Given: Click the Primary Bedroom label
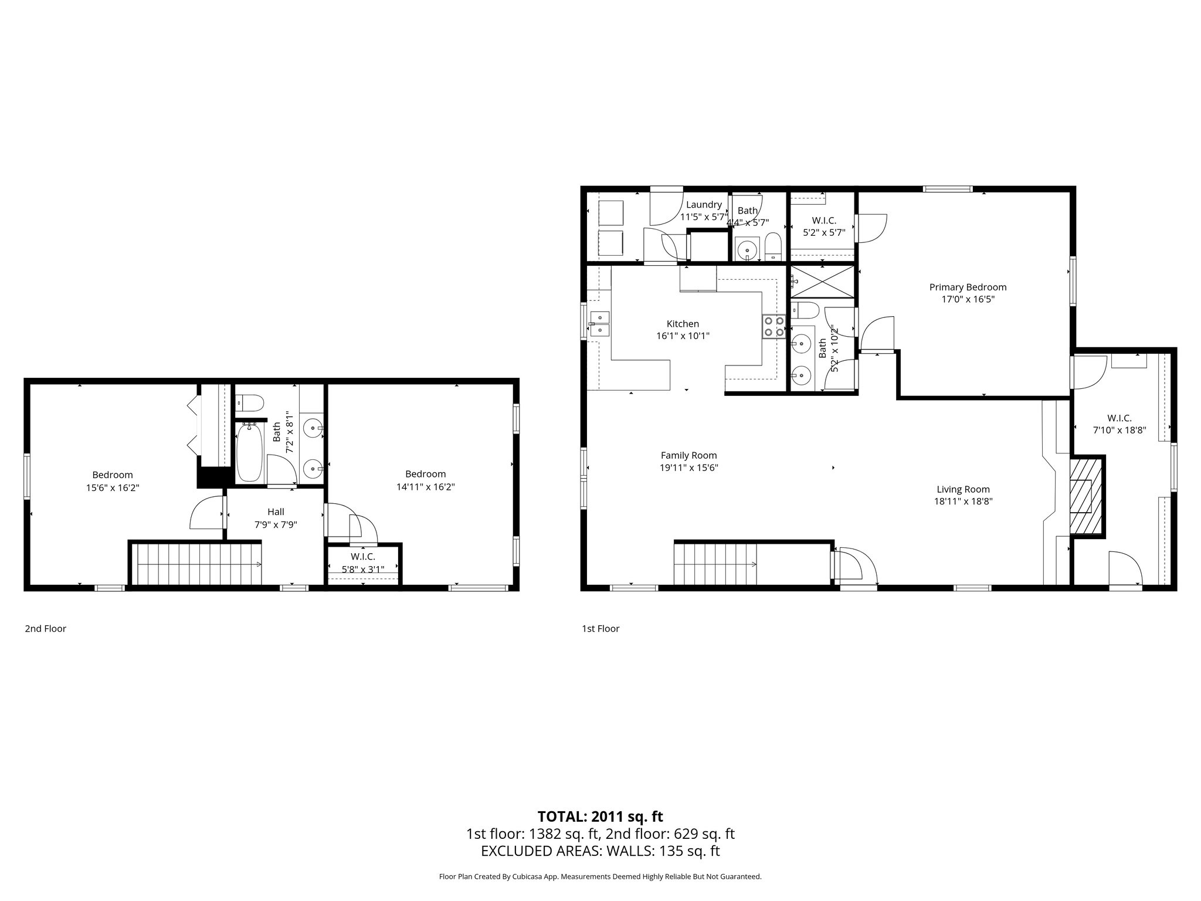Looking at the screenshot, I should pos(968,287).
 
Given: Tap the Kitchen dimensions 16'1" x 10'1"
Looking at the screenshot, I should pos(683,336).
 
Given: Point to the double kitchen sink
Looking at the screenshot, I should pos(600,324).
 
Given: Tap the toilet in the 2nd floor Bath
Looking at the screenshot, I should pos(250,403).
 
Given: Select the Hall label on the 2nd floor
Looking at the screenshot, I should pos(276,512).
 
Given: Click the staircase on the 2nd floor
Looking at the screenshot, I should pos(196,564).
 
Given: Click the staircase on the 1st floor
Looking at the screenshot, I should pos(715,564).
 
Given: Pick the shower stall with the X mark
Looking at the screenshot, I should pos(822,282).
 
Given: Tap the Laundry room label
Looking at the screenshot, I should pos(704,205).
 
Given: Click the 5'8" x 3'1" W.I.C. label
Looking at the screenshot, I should pos(363,568).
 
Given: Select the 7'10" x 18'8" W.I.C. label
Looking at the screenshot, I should pos(1119,430).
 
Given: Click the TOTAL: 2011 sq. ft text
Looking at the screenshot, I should pos(600,817).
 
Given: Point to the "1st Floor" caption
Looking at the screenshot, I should pos(600,629).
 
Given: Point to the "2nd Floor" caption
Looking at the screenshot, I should pos(45,629).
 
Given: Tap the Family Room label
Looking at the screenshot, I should pos(688,455).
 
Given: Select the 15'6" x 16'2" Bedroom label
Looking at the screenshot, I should pos(113,487).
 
